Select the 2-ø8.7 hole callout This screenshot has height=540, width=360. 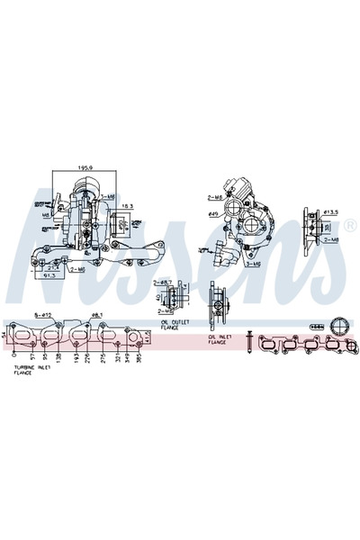pos(162,282)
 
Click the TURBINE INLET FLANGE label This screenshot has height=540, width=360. pos(31,372)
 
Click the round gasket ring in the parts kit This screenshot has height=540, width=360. pos(339,326)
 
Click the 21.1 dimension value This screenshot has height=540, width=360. pos(53,265)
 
